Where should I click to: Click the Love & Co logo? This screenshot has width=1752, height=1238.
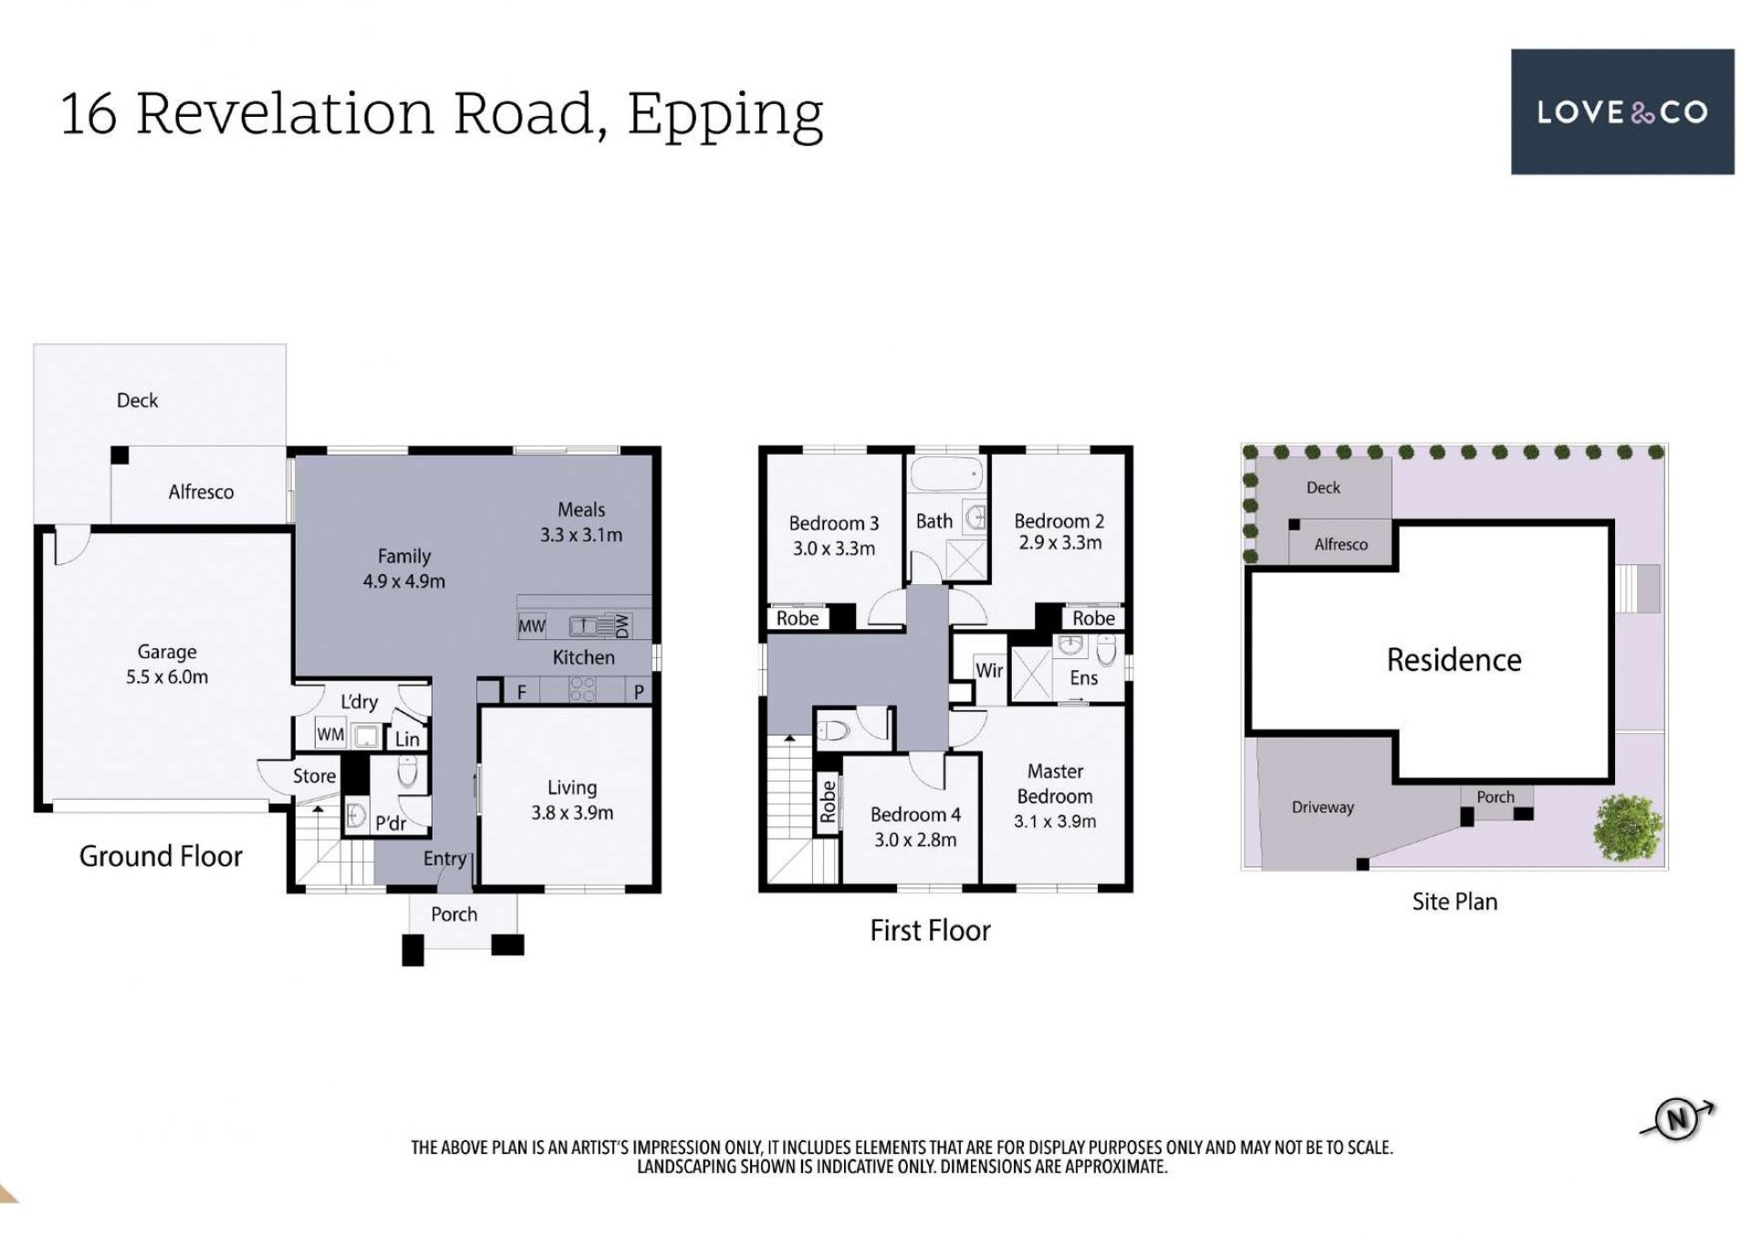click(x=1622, y=111)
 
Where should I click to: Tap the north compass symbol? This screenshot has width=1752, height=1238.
click(x=1678, y=1119)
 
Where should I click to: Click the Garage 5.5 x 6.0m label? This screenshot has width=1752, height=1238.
click(x=167, y=664)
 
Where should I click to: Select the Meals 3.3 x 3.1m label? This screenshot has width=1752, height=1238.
click(x=581, y=522)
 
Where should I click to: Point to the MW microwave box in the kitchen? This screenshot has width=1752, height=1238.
click(x=532, y=626)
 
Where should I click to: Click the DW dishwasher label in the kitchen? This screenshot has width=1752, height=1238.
click(x=622, y=626)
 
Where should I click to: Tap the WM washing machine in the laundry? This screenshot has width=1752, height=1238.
click(x=330, y=734)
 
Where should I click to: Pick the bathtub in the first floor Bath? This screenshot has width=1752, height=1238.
click(x=947, y=475)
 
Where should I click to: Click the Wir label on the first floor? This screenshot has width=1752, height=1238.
click(x=989, y=670)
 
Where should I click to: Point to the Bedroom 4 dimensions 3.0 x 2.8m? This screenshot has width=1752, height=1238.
click(x=915, y=840)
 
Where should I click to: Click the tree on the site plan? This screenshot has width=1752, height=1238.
click(x=1628, y=827)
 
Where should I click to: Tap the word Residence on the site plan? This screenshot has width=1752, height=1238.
click(x=1455, y=659)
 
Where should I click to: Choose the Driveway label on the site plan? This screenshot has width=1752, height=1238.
click(x=1323, y=807)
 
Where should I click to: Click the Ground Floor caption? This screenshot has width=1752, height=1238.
click(x=161, y=856)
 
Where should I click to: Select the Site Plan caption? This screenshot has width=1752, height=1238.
click(x=1455, y=901)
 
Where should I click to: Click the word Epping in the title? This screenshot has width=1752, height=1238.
click(x=725, y=115)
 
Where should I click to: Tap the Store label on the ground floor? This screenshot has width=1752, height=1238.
click(x=314, y=776)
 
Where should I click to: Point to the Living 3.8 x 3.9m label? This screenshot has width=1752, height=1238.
click(x=572, y=800)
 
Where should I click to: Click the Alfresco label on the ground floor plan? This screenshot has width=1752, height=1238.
click(x=201, y=492)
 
